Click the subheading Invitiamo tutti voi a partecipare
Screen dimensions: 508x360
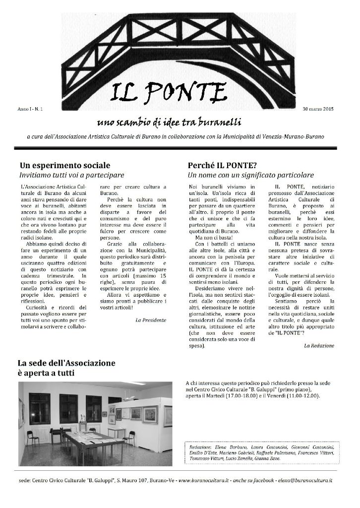(71, 175)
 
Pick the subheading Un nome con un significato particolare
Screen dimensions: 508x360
(250, 175)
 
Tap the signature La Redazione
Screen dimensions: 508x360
(319, 345)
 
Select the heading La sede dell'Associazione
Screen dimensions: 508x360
(66, 363)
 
